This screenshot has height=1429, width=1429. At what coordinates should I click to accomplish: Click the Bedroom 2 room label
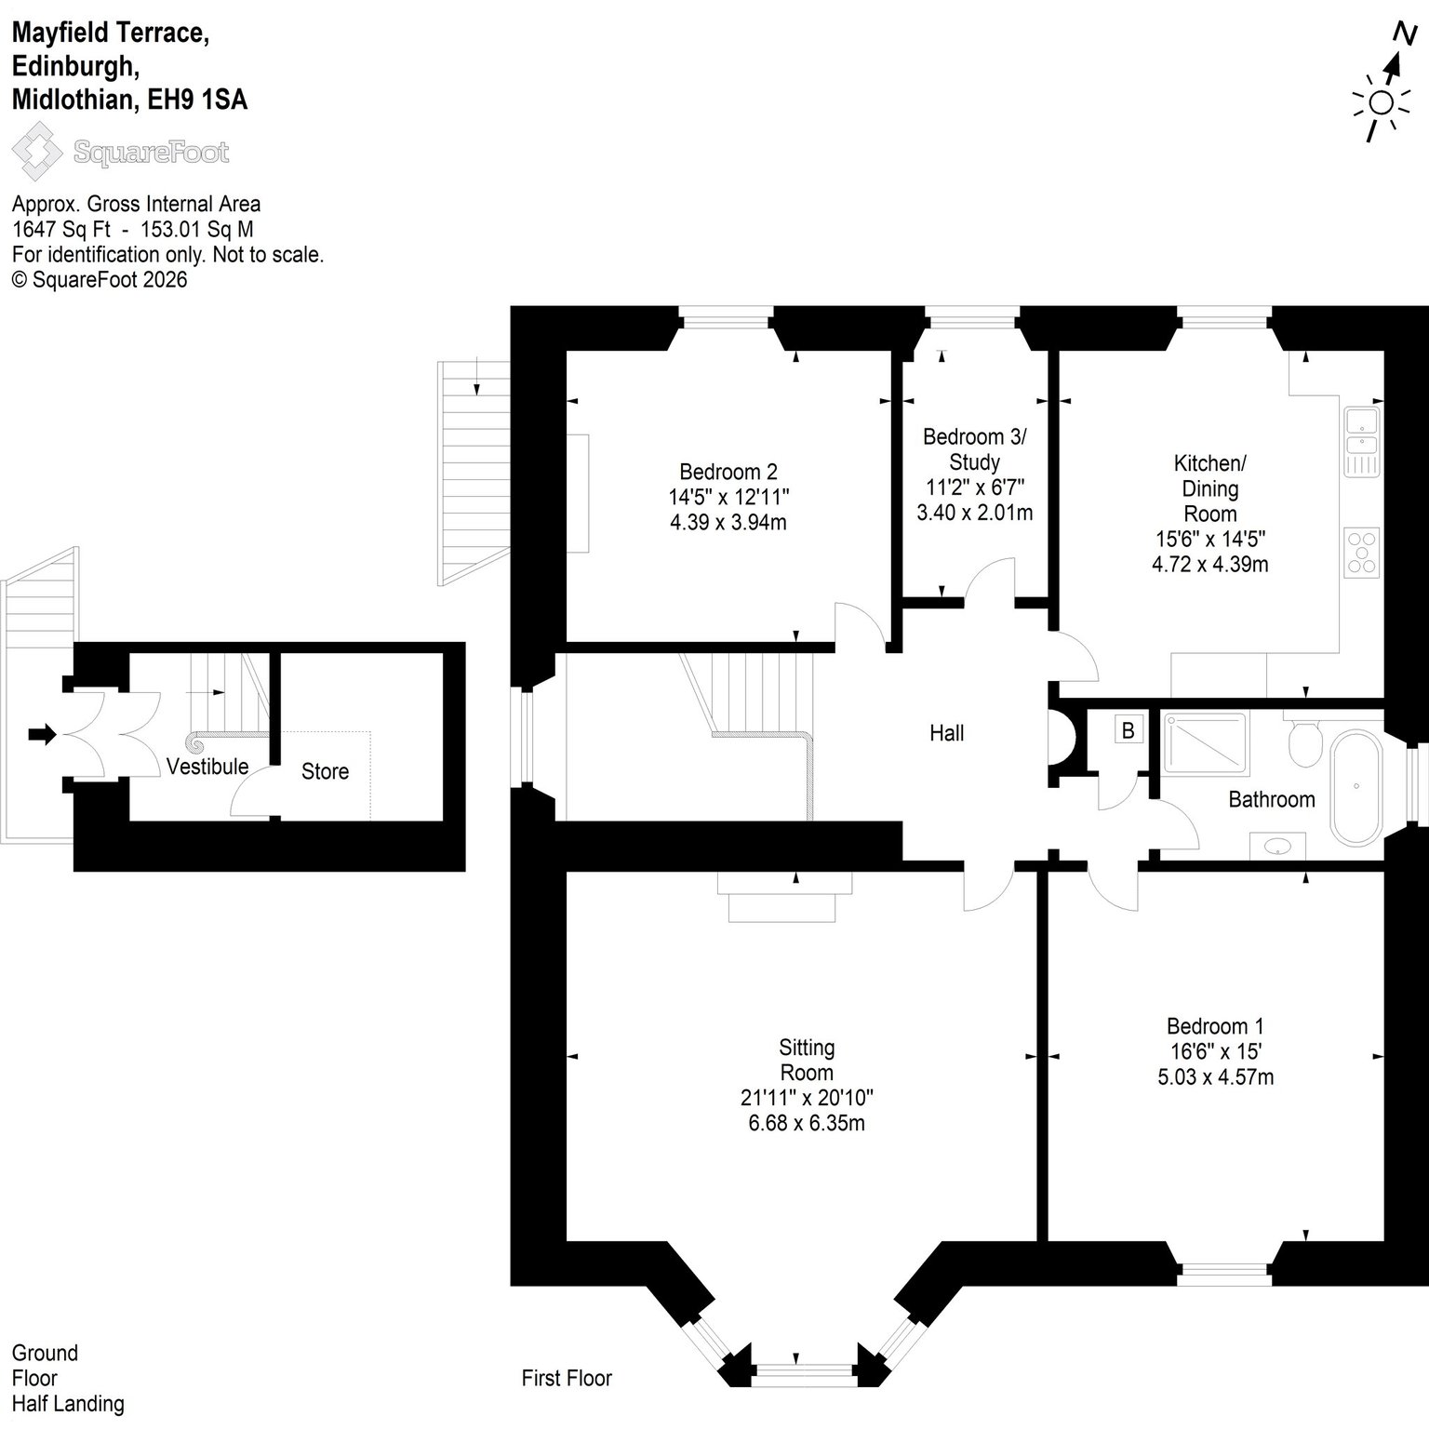pos(728,472)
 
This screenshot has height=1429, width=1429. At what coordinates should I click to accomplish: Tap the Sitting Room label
pos(807,1060)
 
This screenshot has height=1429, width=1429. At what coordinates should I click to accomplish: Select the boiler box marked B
pos(1129,730)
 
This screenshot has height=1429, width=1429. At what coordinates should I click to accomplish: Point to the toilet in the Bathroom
pos(1304,740)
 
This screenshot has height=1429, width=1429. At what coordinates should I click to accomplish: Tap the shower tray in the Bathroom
pos(1204,744)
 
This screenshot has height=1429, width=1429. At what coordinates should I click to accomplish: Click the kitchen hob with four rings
pos(1362,554)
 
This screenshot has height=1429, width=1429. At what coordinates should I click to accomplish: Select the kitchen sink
pos(1362,441)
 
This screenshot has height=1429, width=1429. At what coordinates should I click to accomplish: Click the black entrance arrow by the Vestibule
pos(43,735)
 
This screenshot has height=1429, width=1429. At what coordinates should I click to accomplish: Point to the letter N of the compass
pos(1404,33)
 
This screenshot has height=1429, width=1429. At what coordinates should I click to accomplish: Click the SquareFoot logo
pos(121,153)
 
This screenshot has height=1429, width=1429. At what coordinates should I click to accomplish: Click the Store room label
pos(325,771)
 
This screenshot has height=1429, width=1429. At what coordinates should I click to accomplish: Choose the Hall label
pos(947,733)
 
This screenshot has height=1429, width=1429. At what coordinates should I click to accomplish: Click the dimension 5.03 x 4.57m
pos(1215,1077)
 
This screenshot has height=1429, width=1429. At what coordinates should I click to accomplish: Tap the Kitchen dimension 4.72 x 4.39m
pos(1210,564)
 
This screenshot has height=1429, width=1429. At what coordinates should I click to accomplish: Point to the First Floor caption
pos(567,1378)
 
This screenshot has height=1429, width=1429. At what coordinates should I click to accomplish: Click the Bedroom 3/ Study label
pos(974,449)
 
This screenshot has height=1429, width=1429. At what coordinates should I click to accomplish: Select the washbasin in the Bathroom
pos(1278,846)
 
